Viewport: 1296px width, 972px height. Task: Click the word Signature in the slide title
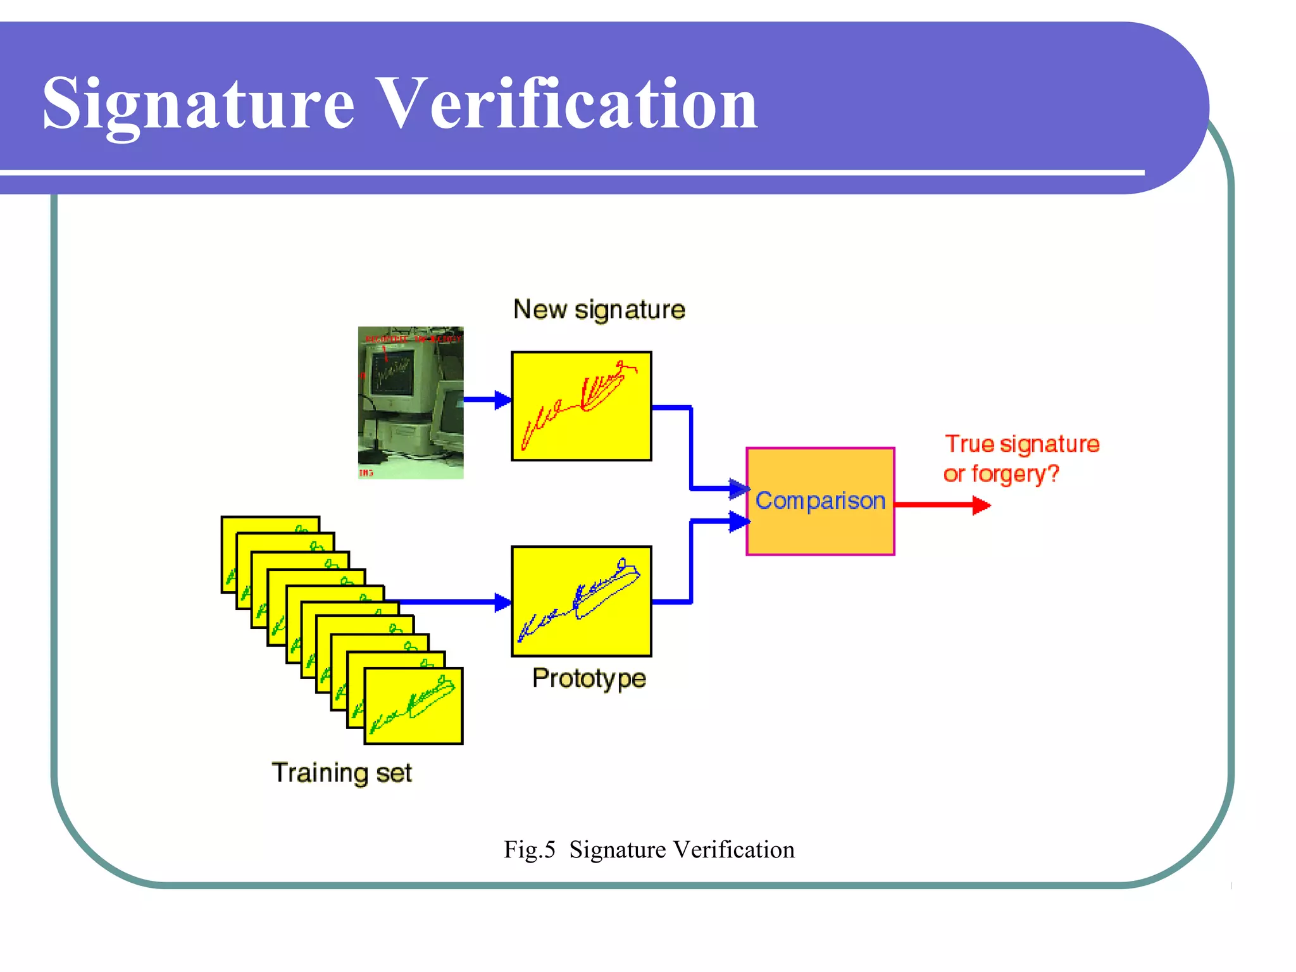tap(198, 104)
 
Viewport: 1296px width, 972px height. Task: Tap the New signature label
tap(599, 310)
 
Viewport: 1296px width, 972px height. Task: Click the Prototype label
tap(589, 678)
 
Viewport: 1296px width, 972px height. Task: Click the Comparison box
tap(820, 501)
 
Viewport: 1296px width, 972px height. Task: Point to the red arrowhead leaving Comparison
tap(981, 505)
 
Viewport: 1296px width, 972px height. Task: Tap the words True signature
tap(1022, 444)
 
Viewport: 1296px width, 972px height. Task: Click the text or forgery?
tap(1001, 474)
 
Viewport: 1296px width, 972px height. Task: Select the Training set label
tap(342, 773)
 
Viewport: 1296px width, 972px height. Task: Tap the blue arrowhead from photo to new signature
tap(503, 400)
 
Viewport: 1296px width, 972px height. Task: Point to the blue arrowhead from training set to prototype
tap(503, 602)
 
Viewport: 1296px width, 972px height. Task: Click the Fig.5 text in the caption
tap(529, 849)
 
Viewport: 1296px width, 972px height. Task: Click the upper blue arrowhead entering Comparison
tap(738, 489)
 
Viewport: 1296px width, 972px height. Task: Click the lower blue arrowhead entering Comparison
tap(738, 521)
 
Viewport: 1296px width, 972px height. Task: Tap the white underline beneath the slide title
tap(570, 172)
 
